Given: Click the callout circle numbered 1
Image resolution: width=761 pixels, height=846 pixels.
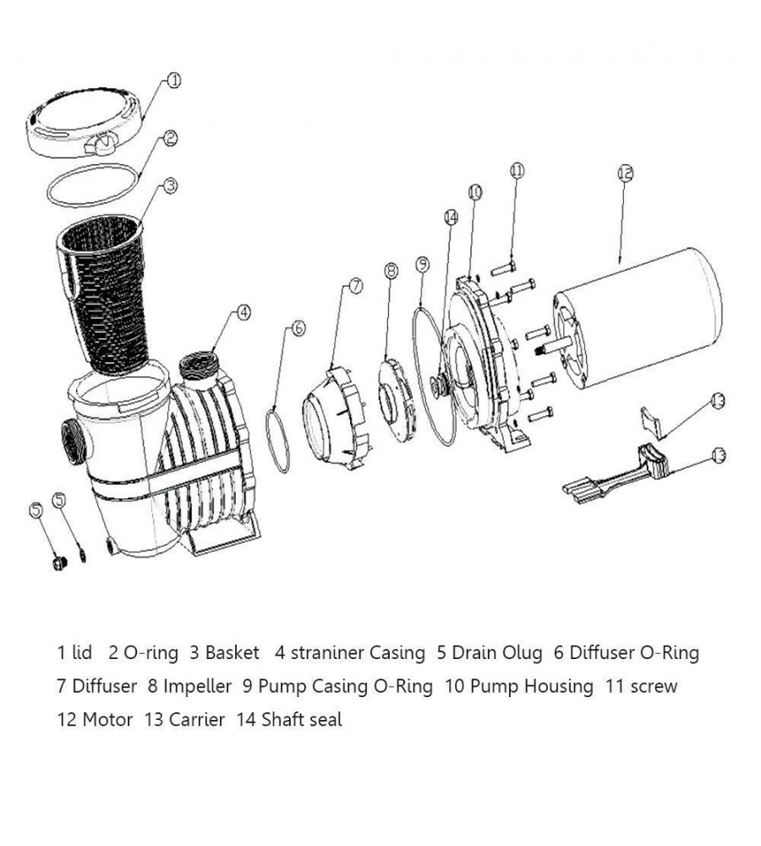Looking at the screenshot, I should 173,81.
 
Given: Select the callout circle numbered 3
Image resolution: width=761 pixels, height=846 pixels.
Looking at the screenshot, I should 169,186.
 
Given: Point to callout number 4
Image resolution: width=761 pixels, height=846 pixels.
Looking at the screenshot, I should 244,313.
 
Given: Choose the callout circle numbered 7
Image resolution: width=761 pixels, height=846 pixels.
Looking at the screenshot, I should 355,286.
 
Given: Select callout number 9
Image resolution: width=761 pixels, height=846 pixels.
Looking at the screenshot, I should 423,265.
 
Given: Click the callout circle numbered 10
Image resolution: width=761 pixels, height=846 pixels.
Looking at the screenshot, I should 474,193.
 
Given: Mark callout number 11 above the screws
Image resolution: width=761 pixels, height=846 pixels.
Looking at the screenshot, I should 517,171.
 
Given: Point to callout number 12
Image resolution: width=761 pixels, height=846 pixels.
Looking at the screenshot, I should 625,173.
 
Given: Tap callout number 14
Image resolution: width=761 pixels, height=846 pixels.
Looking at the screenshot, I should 451,217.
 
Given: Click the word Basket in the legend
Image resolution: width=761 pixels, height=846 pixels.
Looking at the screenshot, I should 232,652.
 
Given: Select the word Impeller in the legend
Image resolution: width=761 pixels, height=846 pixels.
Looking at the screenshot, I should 197,686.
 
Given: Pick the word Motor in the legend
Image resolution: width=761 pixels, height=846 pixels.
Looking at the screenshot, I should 107,720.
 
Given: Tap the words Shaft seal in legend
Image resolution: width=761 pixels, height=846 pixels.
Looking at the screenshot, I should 302,720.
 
